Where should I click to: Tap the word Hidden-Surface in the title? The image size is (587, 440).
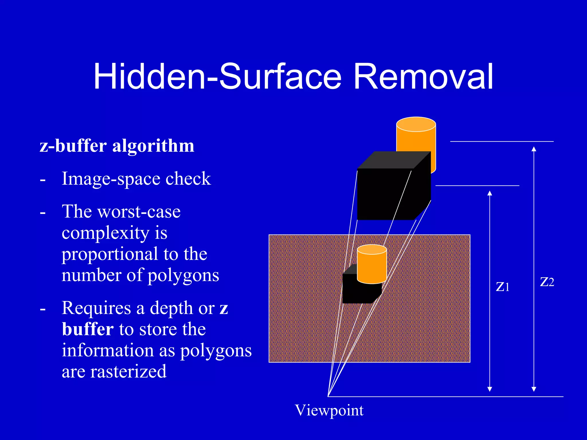coord(218,77)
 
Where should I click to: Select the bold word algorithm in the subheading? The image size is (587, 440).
coord(153,146)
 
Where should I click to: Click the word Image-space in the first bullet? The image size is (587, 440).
coord(110,179)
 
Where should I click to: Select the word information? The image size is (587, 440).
coord(118,350)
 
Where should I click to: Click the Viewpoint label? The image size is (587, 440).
coord(329,410)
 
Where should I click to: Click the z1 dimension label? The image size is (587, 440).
coord(502,286)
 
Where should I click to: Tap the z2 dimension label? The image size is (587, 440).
coord(547,282)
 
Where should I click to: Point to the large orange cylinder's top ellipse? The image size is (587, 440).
coord(416,124)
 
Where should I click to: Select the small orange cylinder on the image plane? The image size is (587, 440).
coord(372,265)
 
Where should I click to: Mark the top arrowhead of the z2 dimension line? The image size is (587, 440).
coord(534,149)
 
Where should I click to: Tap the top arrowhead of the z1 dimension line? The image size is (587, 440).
coord(490,193)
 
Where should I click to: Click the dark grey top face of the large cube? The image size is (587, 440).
coord(394,160)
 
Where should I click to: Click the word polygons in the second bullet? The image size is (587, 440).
coord(183,275)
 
